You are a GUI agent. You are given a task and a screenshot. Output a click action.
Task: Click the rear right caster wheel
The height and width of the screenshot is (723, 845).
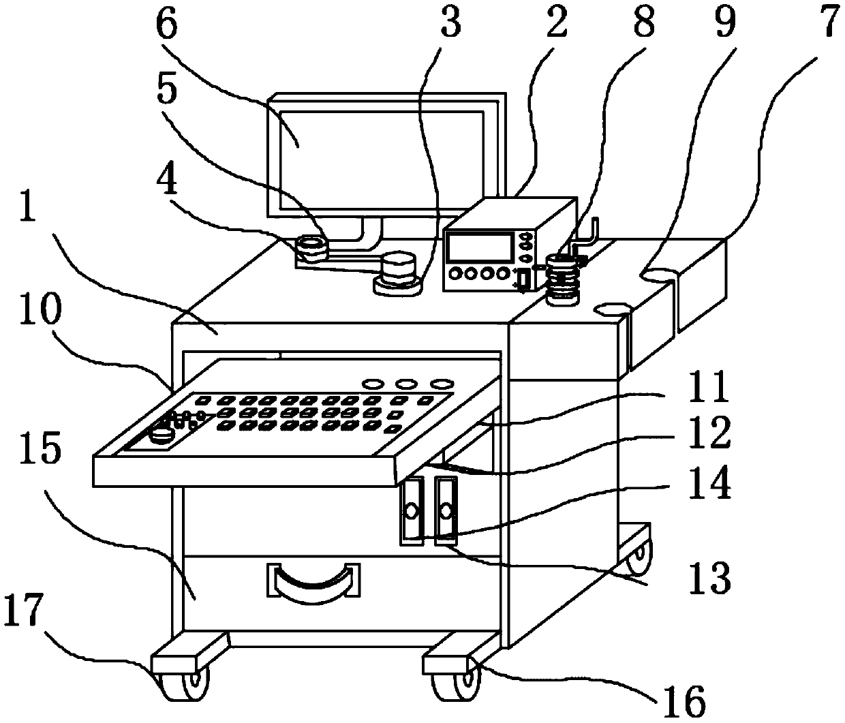[x=639, y=557]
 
